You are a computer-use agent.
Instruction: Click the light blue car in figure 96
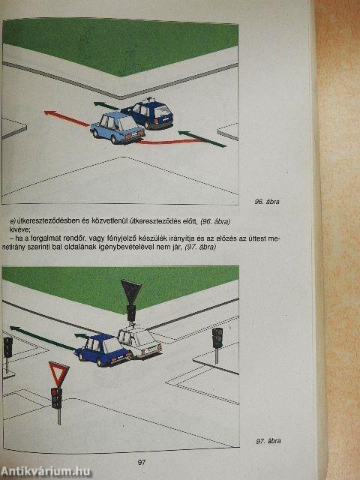point(118,128)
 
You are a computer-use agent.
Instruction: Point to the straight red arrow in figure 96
point(67,118)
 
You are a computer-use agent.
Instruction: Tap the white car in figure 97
point(139,341)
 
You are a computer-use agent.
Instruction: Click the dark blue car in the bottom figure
point(103,349)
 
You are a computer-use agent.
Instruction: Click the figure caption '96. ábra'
point(267,202)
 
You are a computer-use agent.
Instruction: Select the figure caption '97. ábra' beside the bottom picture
point(268,441)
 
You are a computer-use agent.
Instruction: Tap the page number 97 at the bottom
point(142,462)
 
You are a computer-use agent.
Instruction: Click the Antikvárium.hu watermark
point(46,472)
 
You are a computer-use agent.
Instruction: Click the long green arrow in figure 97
point(42,338)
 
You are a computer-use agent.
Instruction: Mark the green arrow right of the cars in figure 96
point(202,139)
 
